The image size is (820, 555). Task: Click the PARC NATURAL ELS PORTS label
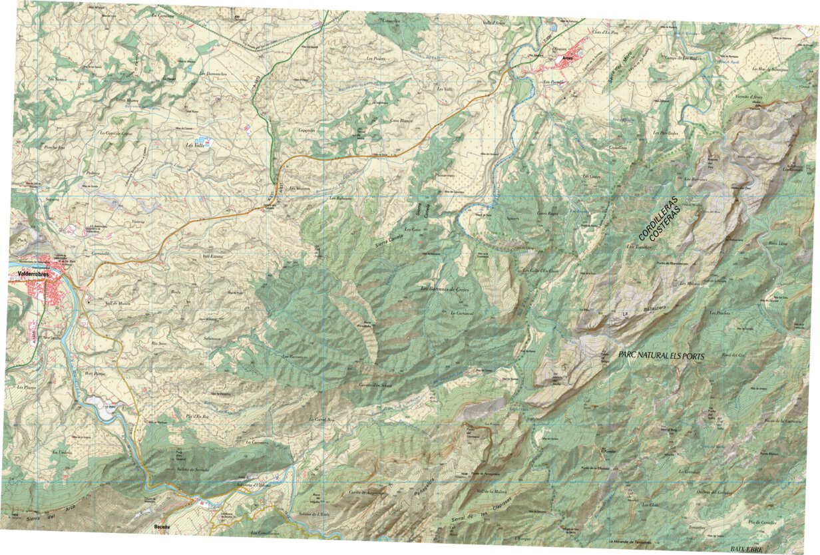coord(661,355)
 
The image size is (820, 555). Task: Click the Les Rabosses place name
coord(340,198)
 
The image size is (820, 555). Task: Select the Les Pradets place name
coord(720,312)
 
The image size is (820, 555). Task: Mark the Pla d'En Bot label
coord(198,417)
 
